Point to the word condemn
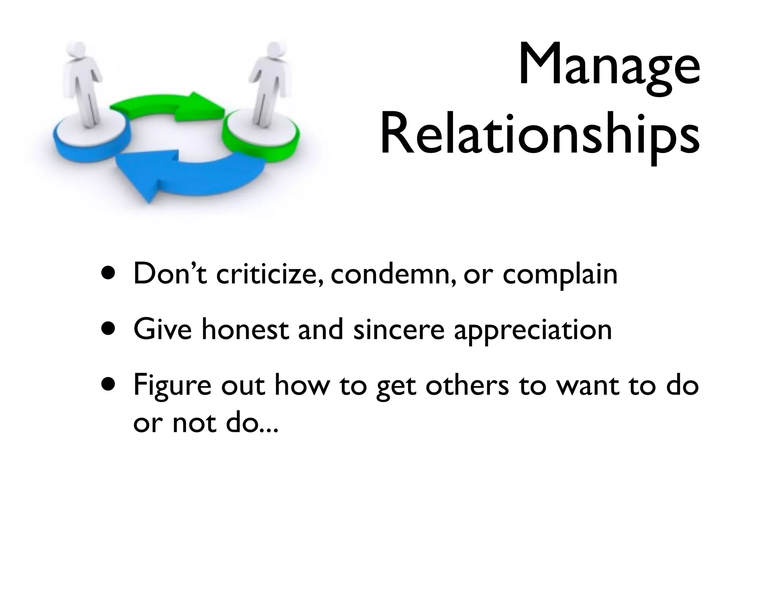393,274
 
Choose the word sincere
399,330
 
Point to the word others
467,385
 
